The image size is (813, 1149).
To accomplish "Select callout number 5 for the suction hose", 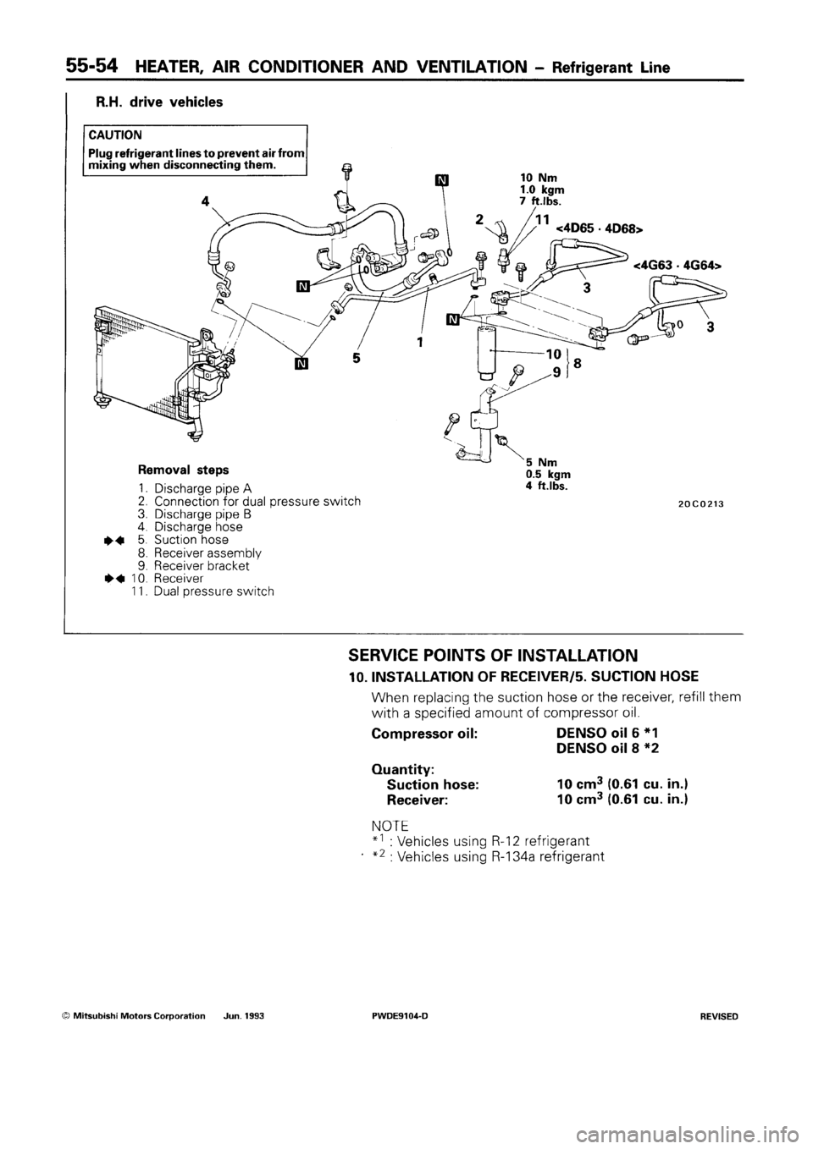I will click(357, 358).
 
